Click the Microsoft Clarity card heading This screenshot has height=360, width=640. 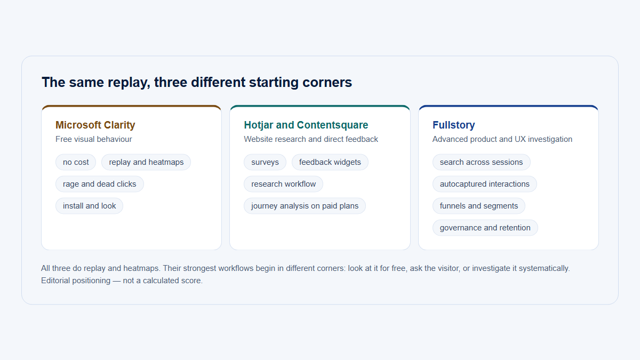95,125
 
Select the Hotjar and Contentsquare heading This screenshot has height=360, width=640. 306,125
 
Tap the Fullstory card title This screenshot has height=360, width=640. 454,125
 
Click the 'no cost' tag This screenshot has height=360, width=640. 76,162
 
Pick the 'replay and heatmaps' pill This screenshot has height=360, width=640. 146,162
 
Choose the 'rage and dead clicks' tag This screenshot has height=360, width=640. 99,184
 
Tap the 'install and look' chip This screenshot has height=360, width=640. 89,206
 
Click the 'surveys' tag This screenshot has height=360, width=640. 265,162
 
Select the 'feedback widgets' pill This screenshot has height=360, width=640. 330,162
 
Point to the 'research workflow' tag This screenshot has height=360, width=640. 283,184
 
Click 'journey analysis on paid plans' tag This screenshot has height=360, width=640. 305,206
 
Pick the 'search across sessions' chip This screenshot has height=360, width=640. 482,162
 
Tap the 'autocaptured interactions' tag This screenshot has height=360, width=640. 485,184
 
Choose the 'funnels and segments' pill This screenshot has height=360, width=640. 479,206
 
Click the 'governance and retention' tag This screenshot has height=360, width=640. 485,228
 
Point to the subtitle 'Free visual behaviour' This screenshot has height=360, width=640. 94,139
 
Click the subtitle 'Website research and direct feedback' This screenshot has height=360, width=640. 311,139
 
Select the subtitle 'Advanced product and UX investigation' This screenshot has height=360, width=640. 502,139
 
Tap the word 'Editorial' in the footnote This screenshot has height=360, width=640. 55,281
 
